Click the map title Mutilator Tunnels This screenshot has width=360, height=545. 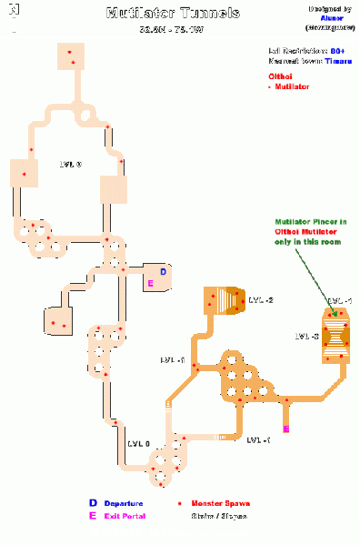(x=173, y=14)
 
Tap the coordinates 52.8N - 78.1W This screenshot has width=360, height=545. (x=173, y=29)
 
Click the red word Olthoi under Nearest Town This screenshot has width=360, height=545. (x=279, y=76)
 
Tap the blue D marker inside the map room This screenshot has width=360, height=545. (x=163, y=271)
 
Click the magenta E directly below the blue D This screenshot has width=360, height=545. (x=150, y=284)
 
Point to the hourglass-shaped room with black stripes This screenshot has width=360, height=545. (x=336, y=337)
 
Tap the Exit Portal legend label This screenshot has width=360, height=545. (x=120, y=515)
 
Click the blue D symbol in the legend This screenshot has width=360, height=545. (x=92, y=502)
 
